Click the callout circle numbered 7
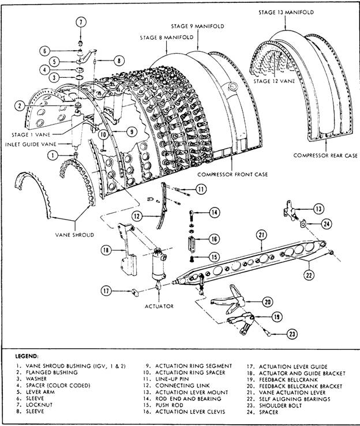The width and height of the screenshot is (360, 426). pos(81,22)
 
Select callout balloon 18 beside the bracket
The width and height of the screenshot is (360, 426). pos(106,249)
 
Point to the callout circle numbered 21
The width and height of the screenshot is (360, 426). pos(261,235)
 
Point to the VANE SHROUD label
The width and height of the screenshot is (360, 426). pos(76,235)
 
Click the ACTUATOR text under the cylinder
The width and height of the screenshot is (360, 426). pos(159,306)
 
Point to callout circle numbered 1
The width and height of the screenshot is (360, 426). pos(53,154)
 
